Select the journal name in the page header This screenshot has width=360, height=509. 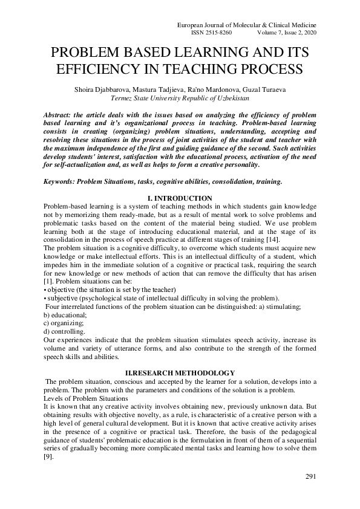[246, 24]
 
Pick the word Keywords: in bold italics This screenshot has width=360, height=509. [63, 181]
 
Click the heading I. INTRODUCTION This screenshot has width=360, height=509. [180, 199]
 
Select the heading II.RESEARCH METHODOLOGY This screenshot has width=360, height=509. [180, 373]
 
